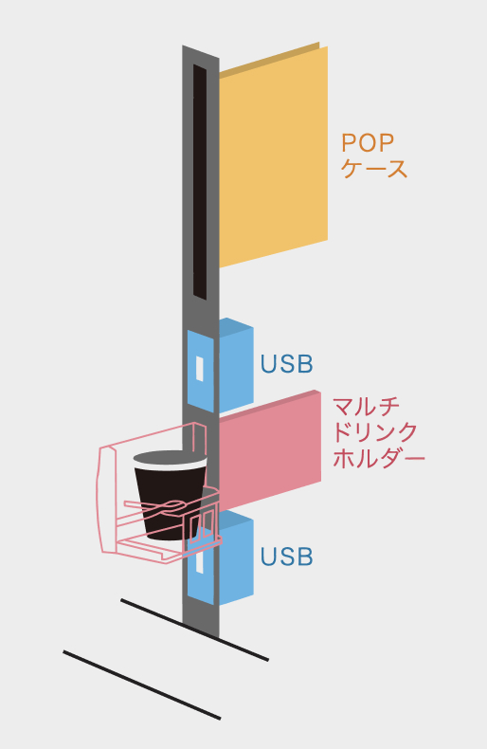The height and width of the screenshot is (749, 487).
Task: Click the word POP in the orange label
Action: tap(368, 142)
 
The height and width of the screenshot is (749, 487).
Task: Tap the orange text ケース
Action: tap(374, 169)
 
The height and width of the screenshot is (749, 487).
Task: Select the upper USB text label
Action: tap(286, 364)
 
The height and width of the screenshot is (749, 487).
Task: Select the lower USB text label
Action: tap(286, 557)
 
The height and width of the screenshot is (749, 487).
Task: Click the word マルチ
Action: tap(367, 407)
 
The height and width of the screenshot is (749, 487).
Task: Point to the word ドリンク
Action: tap(375, 432)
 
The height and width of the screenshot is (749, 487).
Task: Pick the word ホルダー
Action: tap(379, 459)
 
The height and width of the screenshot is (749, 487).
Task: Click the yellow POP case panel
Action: tap(273, 157)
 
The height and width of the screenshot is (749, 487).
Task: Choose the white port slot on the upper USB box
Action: tap(200, 369)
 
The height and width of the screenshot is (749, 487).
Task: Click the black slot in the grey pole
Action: tap(200, 182)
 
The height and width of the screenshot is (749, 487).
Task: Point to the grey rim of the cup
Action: tap(170, 458)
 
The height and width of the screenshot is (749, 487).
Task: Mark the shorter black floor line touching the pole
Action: tap(194, 630)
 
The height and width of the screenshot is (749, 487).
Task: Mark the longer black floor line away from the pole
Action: tap(142, 685)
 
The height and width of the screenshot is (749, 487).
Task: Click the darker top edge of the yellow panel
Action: tap(270, 59)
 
